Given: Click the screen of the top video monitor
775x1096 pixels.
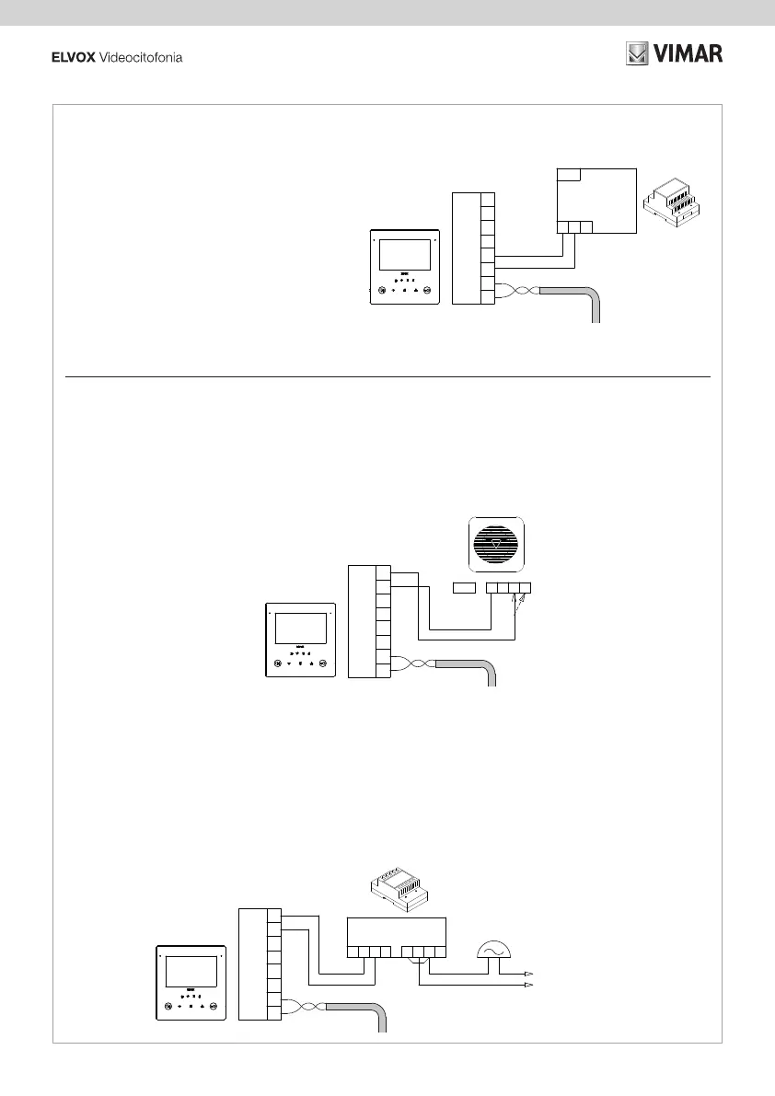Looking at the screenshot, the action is click(406, 254).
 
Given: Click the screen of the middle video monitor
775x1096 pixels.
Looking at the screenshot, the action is click(302, 629).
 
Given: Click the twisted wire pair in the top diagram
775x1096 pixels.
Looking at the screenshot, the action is click(518, 292).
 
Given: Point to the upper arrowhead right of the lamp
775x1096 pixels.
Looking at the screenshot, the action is click(529, 973).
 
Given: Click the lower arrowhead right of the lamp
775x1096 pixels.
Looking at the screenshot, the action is click(529, 985).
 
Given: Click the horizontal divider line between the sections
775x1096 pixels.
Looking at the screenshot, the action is click(387, 376).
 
